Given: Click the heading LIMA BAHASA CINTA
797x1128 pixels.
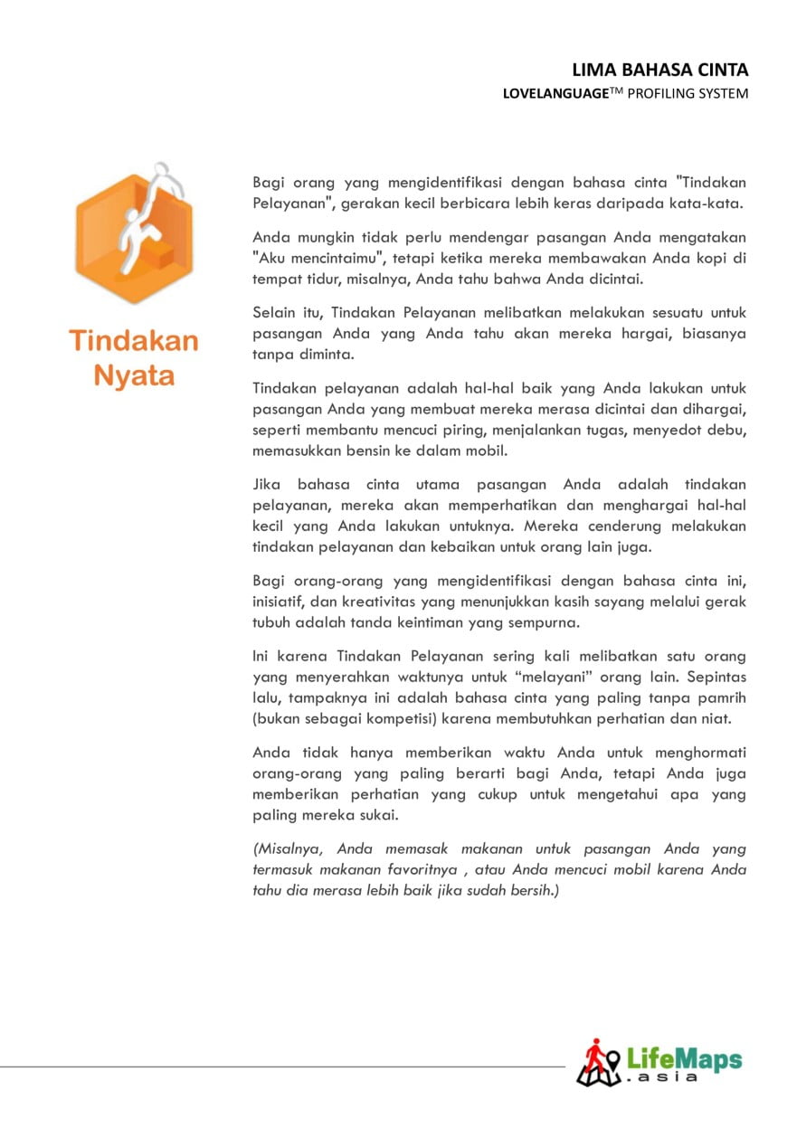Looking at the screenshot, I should [x=660, y=71].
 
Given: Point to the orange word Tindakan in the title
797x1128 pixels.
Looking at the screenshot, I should [x=134, y=342].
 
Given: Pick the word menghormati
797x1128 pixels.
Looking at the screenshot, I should [x=697, y=753].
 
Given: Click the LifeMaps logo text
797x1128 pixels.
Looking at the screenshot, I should [x=684, y=1058].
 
